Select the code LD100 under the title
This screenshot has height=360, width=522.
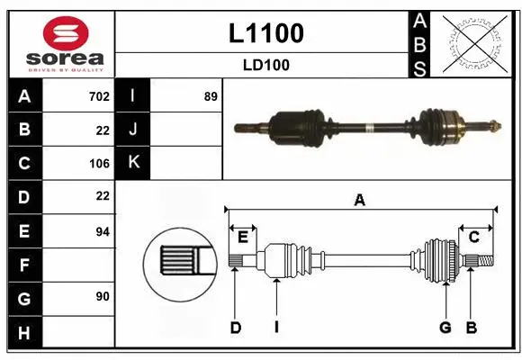tap(265, 65)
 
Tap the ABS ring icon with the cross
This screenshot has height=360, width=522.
tap(472, 43)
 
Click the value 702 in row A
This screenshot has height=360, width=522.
tap(98, 96)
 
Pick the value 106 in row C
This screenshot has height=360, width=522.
tap(98, 164)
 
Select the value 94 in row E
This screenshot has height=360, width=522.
tap(102, 231)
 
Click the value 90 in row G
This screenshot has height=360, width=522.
tap(102, 296)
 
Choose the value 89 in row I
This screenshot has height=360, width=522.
tap(211, 96)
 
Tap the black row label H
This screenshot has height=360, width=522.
tap(24, 332)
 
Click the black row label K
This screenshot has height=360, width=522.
tap(133, 163)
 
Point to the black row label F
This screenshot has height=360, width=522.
tap(24, 265)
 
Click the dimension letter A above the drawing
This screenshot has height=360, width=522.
tap(359, 201)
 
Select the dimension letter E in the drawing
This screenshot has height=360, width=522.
tap(243, 237)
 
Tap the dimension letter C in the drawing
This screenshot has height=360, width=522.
tap(473, 237)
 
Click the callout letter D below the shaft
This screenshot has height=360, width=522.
tap(235, 328)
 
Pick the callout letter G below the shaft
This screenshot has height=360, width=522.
tap(445, 328)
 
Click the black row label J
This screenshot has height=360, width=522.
tap(133, 130)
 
